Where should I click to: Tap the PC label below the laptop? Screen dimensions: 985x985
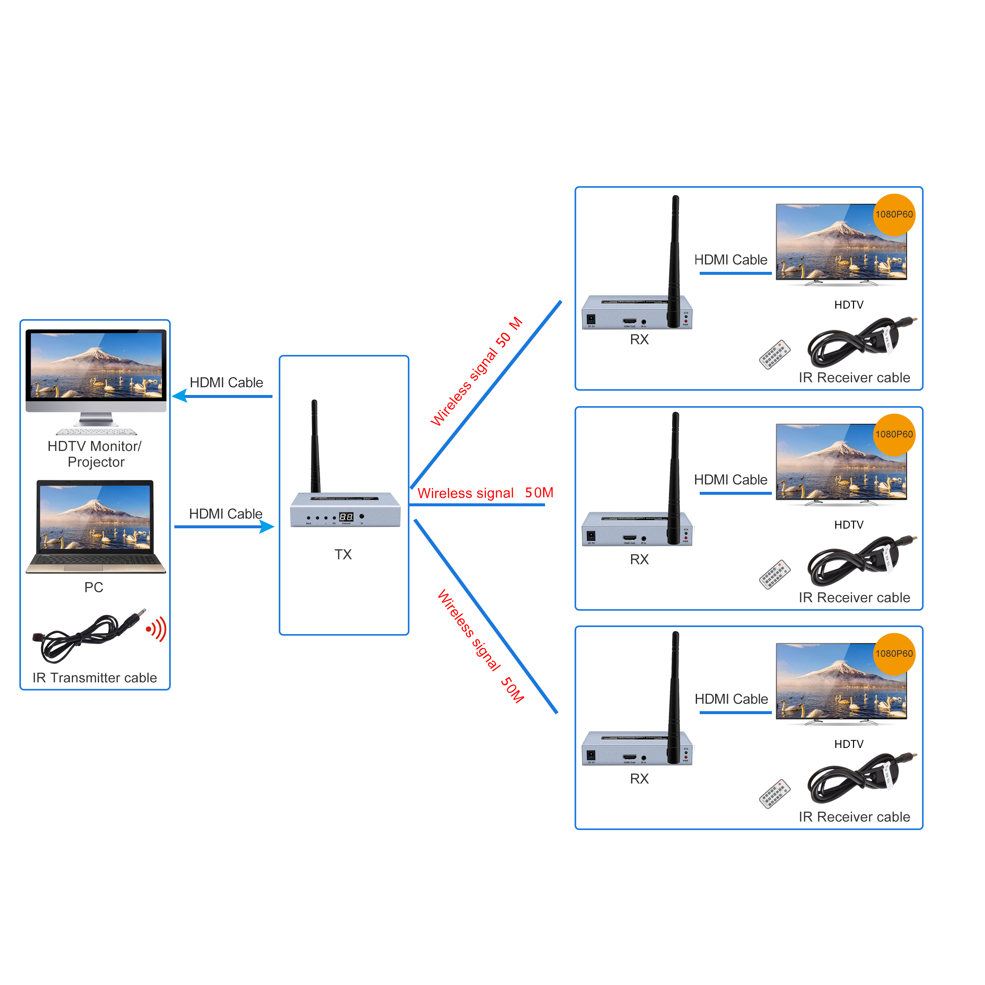[94, 587]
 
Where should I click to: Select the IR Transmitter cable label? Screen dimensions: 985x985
[95, 678]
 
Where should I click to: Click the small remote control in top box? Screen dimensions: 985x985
[775, 354]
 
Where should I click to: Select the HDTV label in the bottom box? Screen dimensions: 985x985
[849, 744]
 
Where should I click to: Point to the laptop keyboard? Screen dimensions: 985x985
[96, 561]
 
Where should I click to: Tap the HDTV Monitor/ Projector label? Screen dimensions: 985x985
[95, 454]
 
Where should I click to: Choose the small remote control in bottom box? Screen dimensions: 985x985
[775, 794]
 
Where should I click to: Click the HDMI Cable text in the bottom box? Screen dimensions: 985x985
[731, 699]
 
